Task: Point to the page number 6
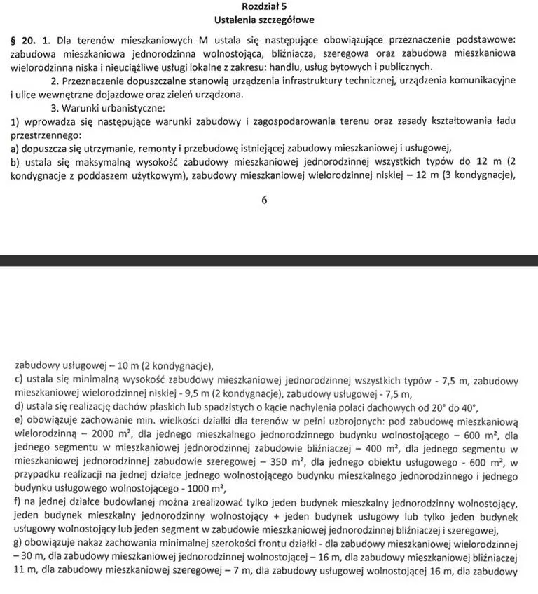coord(264,200)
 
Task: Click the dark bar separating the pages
coord(269,261)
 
